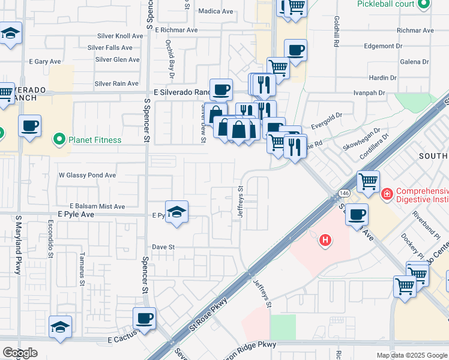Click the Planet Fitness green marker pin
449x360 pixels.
pyautogui.click(x=59, y=140)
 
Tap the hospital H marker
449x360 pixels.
pyautogui.click(x=325, y=240)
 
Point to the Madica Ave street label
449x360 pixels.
pyautogui.click(x=215, y=11)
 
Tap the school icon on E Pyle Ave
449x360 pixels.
pyautogui.click(x=176, y=212)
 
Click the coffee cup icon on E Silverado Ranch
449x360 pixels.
pyautogui.click(x=221, y=89)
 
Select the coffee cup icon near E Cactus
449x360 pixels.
pyautogui.click(x=144, y=318)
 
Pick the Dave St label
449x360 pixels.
pyautogui.click(x=163, y=247)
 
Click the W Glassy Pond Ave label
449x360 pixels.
pyautogui.click(x=87, y=175)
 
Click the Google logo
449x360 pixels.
pyautogui.click(x=20, y=353)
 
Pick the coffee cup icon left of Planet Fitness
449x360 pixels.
pyautogui.click(x=29, y=126)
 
